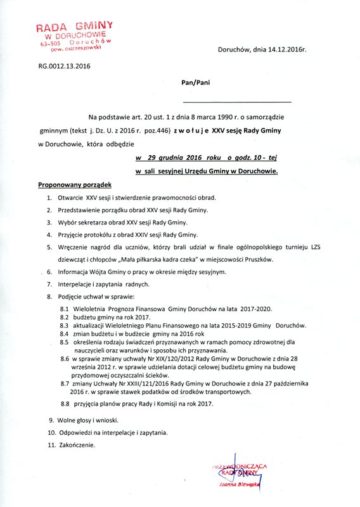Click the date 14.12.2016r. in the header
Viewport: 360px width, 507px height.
point(284,48)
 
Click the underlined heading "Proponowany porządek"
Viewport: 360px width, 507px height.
point(75,185)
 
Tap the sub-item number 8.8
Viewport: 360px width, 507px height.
point(64,404)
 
